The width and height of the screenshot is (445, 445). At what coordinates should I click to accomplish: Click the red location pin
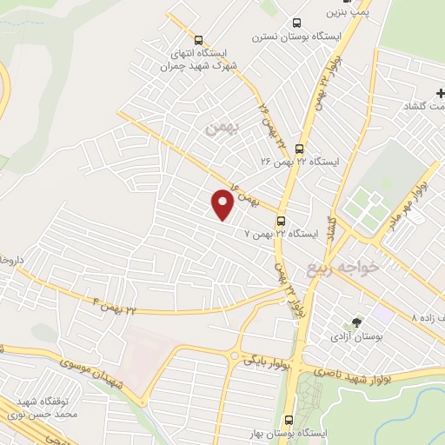point(222,203)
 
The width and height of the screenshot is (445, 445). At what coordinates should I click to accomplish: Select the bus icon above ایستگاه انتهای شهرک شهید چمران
point(199,40)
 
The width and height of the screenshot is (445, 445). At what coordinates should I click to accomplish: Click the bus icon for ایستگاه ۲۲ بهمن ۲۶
point(300,149)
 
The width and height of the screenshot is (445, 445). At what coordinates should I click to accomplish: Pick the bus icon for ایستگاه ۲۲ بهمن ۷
point(281,221)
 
